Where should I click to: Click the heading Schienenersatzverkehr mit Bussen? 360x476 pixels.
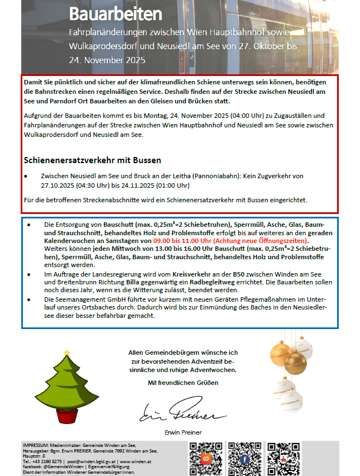click(92, 160)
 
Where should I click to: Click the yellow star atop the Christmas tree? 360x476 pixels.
click(67, 352)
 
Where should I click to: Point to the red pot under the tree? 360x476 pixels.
click(68, 417)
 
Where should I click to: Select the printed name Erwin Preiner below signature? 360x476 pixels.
click(183, 432)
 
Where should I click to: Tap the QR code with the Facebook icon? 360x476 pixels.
click(244, 459)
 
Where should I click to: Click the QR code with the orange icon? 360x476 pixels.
click(205, 459)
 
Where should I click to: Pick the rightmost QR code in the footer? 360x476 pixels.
click(283, 459)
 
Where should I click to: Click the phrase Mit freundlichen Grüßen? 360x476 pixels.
click(183, 383)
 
